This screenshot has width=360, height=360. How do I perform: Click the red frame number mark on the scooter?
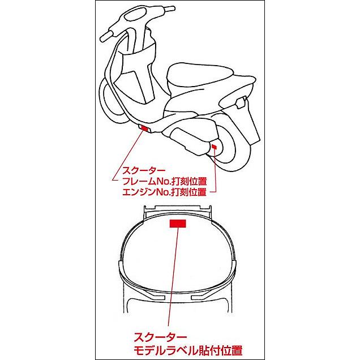coord(145,128)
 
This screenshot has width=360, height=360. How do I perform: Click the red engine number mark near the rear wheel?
coord(214,147)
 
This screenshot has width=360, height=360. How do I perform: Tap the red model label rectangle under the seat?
coord(178,224)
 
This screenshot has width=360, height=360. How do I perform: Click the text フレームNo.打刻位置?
coord(164,181)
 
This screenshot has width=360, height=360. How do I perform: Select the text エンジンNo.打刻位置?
coord(164,192)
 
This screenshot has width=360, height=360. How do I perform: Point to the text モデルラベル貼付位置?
coord(188,350)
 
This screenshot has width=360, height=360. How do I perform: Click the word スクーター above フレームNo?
coord(144,171)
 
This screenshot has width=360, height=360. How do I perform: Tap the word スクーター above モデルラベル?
coord(161,337)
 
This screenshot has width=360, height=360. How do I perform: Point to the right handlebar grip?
coord(169,8)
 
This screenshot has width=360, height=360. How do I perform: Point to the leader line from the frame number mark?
coord(128,156)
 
